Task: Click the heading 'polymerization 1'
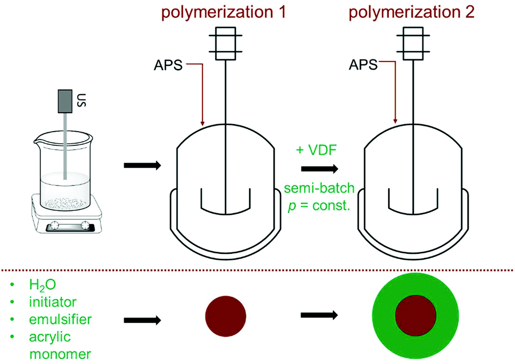(226, 12)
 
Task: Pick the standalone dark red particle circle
(225, 317)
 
